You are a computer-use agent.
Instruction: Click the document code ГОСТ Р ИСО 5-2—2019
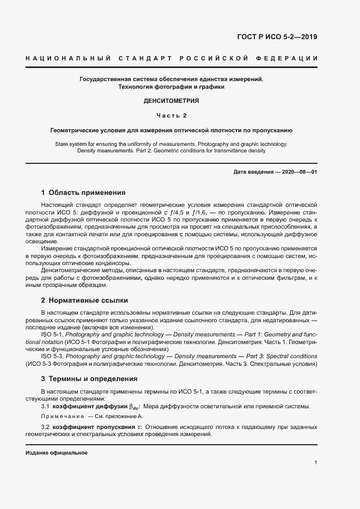click(x=278, y=37)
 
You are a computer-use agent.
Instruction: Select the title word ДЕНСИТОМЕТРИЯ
click(x=171, y=101)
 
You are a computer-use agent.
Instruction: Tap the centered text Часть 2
click(x=171, y=115)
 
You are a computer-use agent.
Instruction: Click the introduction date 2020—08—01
click(x=300, y=173)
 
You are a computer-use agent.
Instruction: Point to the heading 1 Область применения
click(x=83, y=192)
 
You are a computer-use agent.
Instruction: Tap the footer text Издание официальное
click(x=56, y=453)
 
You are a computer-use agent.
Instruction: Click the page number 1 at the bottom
click(x=316, y=463)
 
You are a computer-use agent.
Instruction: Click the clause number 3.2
click(x=45, y=427)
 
